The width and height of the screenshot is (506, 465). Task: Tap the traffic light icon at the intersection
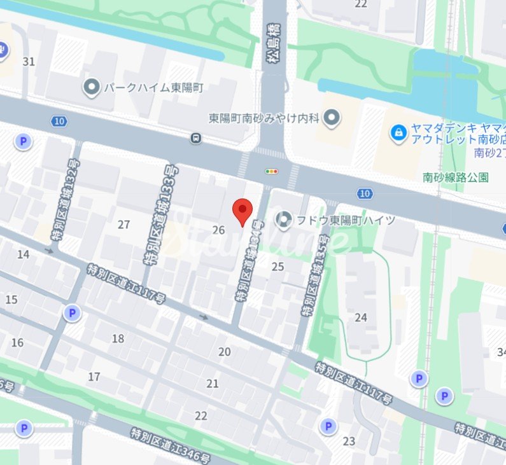pyautogui.click(x=272, y=171)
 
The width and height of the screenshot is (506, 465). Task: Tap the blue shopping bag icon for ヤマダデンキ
pyautogui.click(x=398, y=133)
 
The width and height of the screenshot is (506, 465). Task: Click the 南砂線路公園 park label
pyautogui.click(x=456, y=177)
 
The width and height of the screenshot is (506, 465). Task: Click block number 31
pyautogui.click(x=29, y=62)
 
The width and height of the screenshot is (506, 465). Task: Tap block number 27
pyautogui.click(x=124, y=225)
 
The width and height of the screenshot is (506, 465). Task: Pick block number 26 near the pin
pyautogui.click(x=219, y=230)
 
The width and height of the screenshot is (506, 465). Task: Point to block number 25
pyautogui.click(x=278, y=267)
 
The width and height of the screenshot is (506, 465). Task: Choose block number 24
pyautogui.click(x=362, y=317)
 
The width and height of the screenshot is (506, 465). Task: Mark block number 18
pyautogui.click(x=118, y=338)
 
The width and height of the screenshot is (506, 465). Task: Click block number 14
pyautogui.click(x=24, y=255)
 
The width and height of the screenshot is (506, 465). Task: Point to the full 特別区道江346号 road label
pyautogui.click(x=175, y=446)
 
